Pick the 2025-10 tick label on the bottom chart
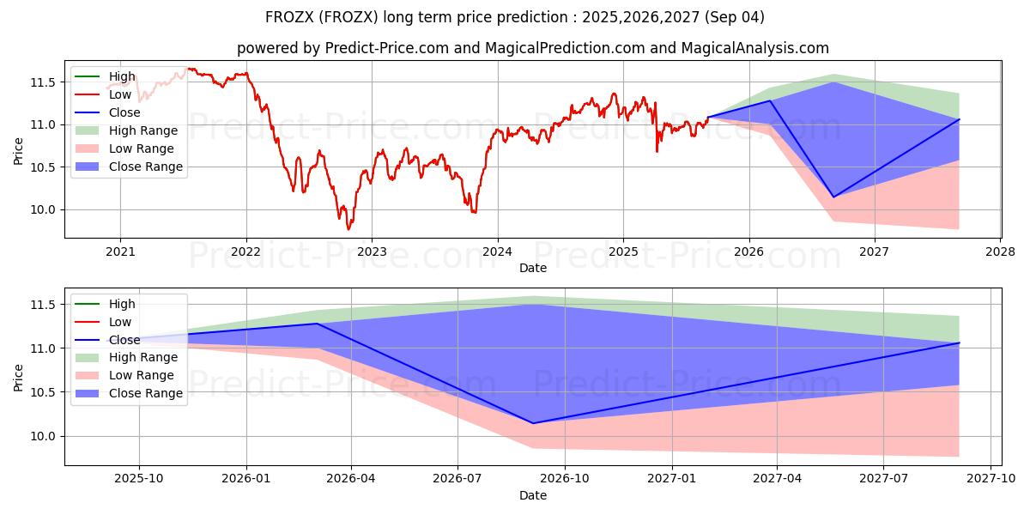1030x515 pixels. click(x=139, y=479)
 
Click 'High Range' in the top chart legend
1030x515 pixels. click(x=143, y=130)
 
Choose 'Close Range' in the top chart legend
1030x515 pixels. click(x=146, y=167)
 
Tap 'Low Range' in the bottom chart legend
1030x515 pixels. click(x=142, y=375)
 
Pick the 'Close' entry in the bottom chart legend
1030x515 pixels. click(x=124, y=340)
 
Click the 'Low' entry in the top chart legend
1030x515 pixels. click(x=120, y=94)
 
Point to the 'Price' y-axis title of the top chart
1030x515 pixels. click(x=18, y=150)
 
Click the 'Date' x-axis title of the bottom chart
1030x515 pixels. click(x=532, y=495)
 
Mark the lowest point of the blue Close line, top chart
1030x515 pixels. click(x=833, y=197)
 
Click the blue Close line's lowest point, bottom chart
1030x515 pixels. click(x=532, y=423)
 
